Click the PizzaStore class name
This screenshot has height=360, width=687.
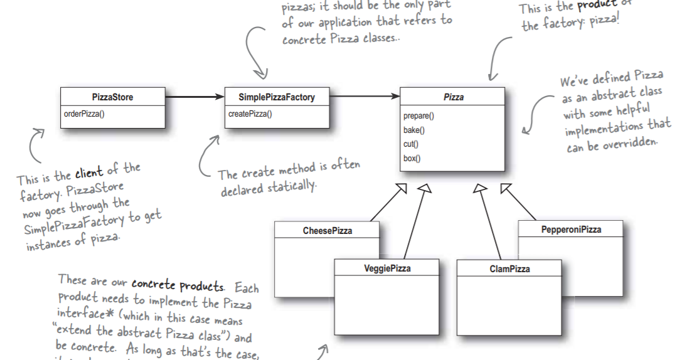(112, 97)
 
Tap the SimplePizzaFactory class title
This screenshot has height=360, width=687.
(277, 97)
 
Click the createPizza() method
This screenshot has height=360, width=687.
(250, 114)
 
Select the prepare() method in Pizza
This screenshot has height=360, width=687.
(418, 117)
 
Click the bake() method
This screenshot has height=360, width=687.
(414, 130)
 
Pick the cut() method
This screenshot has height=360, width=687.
(412, 144)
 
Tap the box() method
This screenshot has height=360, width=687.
(412, 158)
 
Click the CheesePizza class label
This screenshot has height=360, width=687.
(328, 231)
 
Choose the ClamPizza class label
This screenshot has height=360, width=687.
(509, 268)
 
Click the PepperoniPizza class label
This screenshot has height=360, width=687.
(571, 230)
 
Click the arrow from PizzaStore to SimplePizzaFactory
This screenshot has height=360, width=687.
(194, 97)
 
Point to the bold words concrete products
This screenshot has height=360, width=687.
(178, 286)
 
